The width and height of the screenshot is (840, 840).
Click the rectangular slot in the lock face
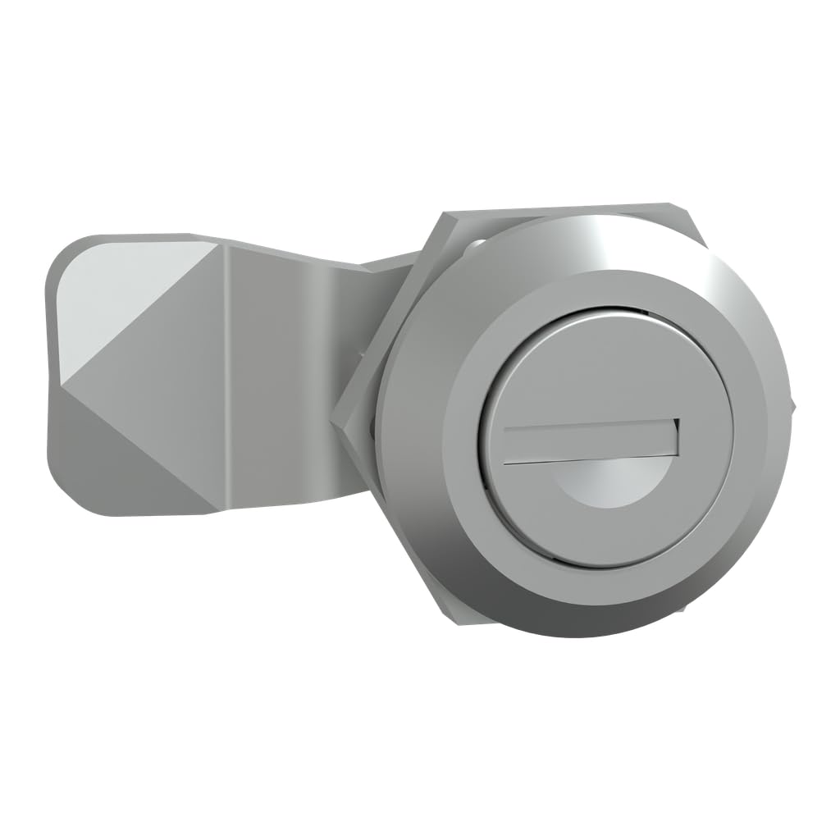(x=589, y=443)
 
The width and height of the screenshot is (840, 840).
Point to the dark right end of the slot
(x=675, y=436)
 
